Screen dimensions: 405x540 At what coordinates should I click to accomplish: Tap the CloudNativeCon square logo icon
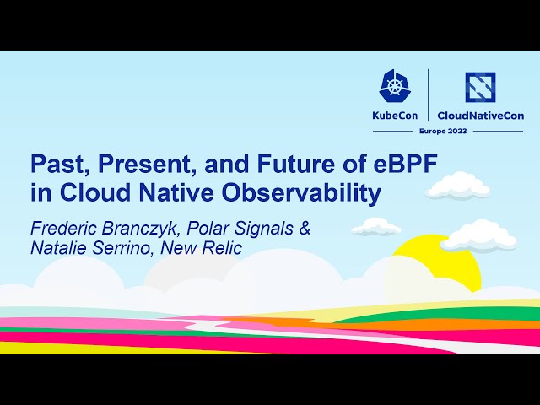(x=480, y=87)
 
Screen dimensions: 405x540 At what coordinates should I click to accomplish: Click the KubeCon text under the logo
(x=395, y=116)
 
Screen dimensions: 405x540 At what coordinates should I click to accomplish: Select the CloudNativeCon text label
(x=480, y=116)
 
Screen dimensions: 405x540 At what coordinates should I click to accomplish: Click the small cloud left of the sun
(x=375, y=226)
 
